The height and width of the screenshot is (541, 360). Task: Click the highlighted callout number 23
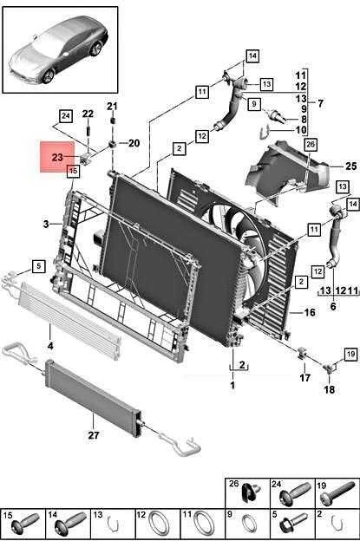tap(57, 157)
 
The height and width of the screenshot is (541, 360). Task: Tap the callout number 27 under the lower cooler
tap(94, 435)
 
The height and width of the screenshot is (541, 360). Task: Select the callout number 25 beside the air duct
tap(350, 166)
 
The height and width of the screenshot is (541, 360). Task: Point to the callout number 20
tap(134, 143)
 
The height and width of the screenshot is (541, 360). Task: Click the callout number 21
tap(112, 107)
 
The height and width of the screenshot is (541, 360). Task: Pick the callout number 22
tap(88, 114)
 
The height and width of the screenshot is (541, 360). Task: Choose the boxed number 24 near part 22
tap(66, 117)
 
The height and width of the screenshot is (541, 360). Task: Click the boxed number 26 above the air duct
tap(311, 144)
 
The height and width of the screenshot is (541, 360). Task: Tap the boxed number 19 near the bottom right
tap(350, 354)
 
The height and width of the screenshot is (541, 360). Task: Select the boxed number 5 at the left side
tap(39, 266)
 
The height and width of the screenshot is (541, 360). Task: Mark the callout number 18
tap(330, 389)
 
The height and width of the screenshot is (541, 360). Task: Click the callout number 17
tap(304, 378)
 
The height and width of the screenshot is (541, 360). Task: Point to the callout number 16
tap(310, 312)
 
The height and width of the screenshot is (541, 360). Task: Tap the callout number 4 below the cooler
tap(50, 345)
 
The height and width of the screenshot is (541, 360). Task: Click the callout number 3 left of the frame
tap(46, 225)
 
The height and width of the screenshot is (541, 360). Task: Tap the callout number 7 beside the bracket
tap(321, 103)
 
